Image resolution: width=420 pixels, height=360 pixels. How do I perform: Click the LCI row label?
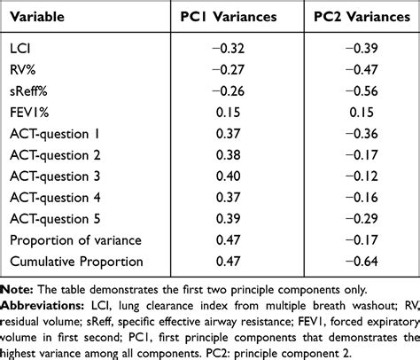click(x=19, y=43)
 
